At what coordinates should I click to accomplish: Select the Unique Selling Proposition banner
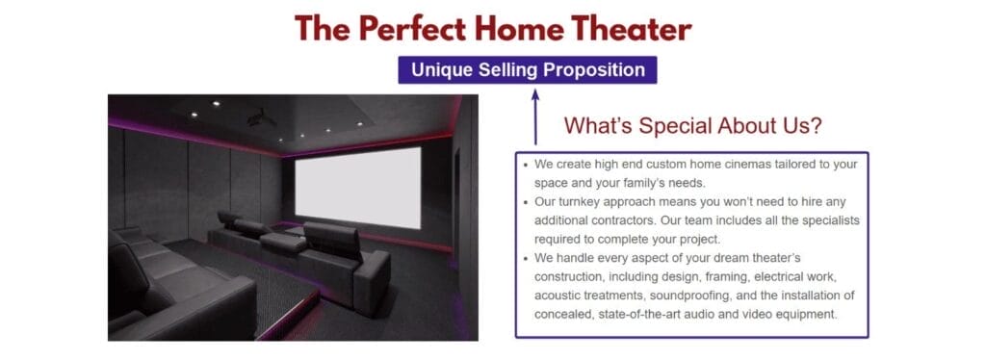(528, 70)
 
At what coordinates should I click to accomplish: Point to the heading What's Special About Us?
(692, 126)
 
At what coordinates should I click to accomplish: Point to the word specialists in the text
(825, 220)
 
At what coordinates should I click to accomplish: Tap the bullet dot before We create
(525, 166)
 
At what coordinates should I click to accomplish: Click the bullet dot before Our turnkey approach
(525, 203)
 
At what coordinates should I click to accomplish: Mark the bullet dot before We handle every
(525, 259)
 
